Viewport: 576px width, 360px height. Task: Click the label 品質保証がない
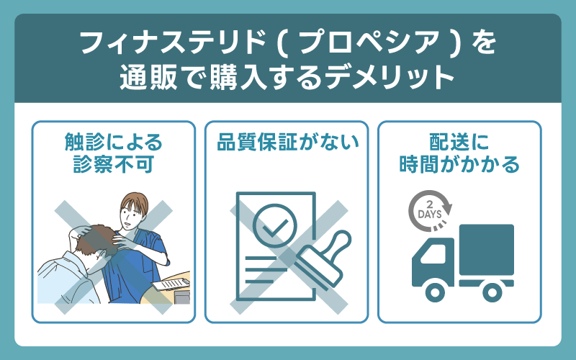(287, 143)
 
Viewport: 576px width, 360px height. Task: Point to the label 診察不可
(114, 165)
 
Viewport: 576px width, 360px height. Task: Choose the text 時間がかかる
(459, 165)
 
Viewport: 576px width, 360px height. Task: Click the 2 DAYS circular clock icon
(431, 209)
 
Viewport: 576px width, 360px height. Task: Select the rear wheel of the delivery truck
(492, 291)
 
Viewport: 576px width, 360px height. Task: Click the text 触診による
(114, 142)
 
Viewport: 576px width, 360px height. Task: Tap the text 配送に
(459, 142)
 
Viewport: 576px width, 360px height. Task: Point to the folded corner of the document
(307, 199)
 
